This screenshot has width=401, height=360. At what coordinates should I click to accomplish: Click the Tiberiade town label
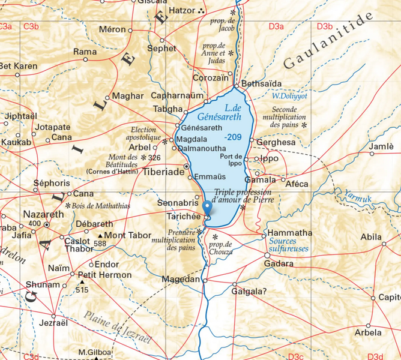163,171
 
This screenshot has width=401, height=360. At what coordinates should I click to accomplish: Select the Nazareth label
43,214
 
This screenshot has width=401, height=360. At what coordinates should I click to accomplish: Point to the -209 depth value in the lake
234,138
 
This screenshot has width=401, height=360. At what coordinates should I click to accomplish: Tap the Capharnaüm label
177,95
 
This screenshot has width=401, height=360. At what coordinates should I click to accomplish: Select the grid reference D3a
276,26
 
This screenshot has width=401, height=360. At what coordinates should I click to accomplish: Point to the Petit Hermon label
104,275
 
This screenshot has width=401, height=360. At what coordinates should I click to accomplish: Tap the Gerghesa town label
276,143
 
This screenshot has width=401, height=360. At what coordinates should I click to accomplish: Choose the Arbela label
368,332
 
